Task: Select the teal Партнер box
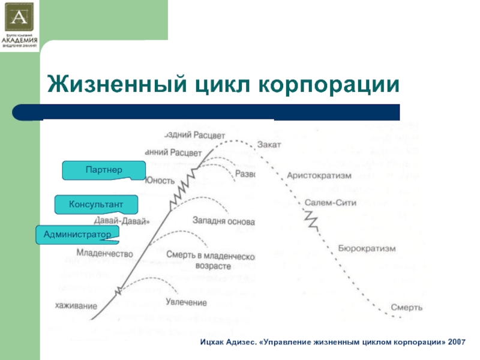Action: (104, 170)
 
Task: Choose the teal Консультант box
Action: (97, 205)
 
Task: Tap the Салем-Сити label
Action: (331, 203)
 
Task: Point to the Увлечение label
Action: (187, 302)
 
